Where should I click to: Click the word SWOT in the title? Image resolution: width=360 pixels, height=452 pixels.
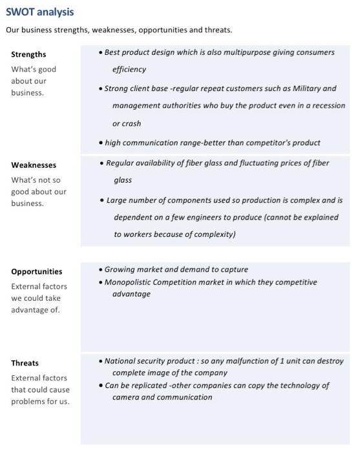(19, 12)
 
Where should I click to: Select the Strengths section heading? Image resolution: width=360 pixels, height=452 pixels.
(28, 54)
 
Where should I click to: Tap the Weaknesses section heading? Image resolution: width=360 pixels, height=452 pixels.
(34, 165)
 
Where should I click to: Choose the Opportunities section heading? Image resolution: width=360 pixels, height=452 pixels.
(37, 272)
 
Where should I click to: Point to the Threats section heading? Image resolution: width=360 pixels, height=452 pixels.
(25, 363)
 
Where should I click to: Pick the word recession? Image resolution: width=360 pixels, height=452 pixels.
(326, 105)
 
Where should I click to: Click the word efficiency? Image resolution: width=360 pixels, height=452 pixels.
(129, 69)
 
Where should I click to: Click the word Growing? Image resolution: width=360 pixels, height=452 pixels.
(120, 269)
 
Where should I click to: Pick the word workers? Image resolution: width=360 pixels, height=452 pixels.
(140, 234)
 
